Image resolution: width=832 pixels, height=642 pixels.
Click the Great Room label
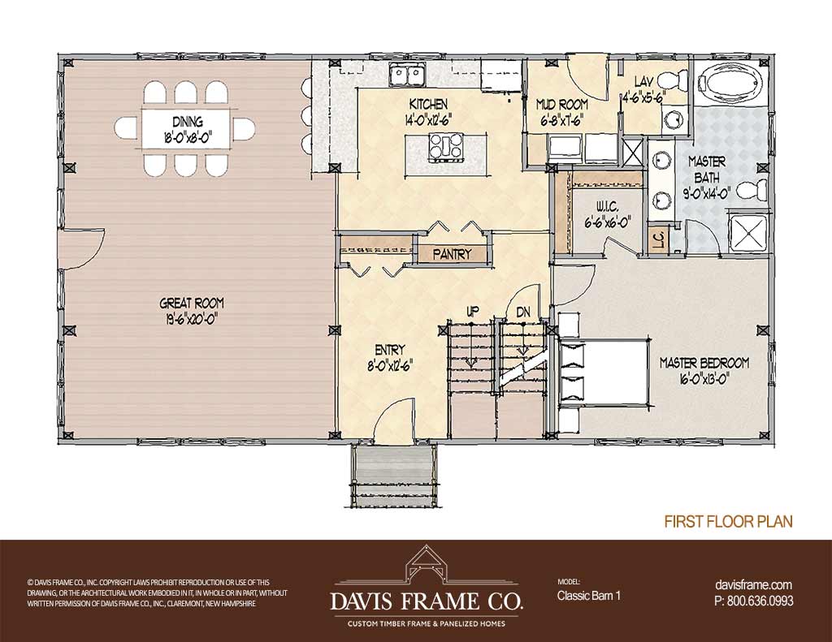(x=192, y=304)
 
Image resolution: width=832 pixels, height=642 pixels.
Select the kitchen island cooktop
(x=446, y=148)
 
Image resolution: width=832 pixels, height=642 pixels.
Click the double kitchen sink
(x=407, y=74)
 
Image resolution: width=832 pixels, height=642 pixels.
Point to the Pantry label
(x=452, y=254)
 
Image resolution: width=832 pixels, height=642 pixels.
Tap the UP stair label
(x=470, y=312)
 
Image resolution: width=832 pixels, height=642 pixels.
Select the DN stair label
(x=523, y=312)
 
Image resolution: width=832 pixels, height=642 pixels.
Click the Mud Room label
(x=562, y=105)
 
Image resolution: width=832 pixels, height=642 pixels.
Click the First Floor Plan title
(x=728, y=521)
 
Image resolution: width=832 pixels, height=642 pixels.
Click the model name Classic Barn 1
(x=588, y=596)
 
